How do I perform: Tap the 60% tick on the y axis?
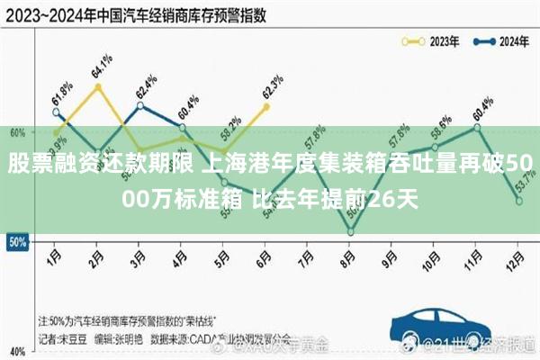pyautogui.click(x=16, y=132)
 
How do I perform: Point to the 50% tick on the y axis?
pyautogui.click(x=16, y=242)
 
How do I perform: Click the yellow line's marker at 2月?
pyautogui.click(x=98, y=86)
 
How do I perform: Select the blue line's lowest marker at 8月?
pyautogui.click(x=350, y=232)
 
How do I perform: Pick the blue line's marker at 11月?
pyautogui.click(x=476, y=127)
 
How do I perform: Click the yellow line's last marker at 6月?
pyautogui.click(x=265, y=106)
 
